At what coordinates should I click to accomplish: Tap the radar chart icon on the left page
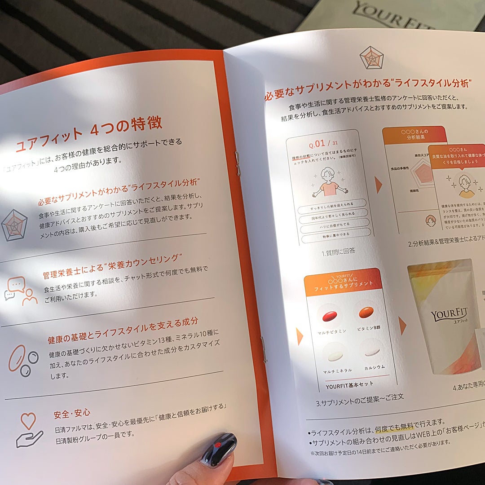14,225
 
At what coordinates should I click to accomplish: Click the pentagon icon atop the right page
372,57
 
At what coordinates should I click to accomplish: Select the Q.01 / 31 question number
323,143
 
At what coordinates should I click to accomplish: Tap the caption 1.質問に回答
338,252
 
